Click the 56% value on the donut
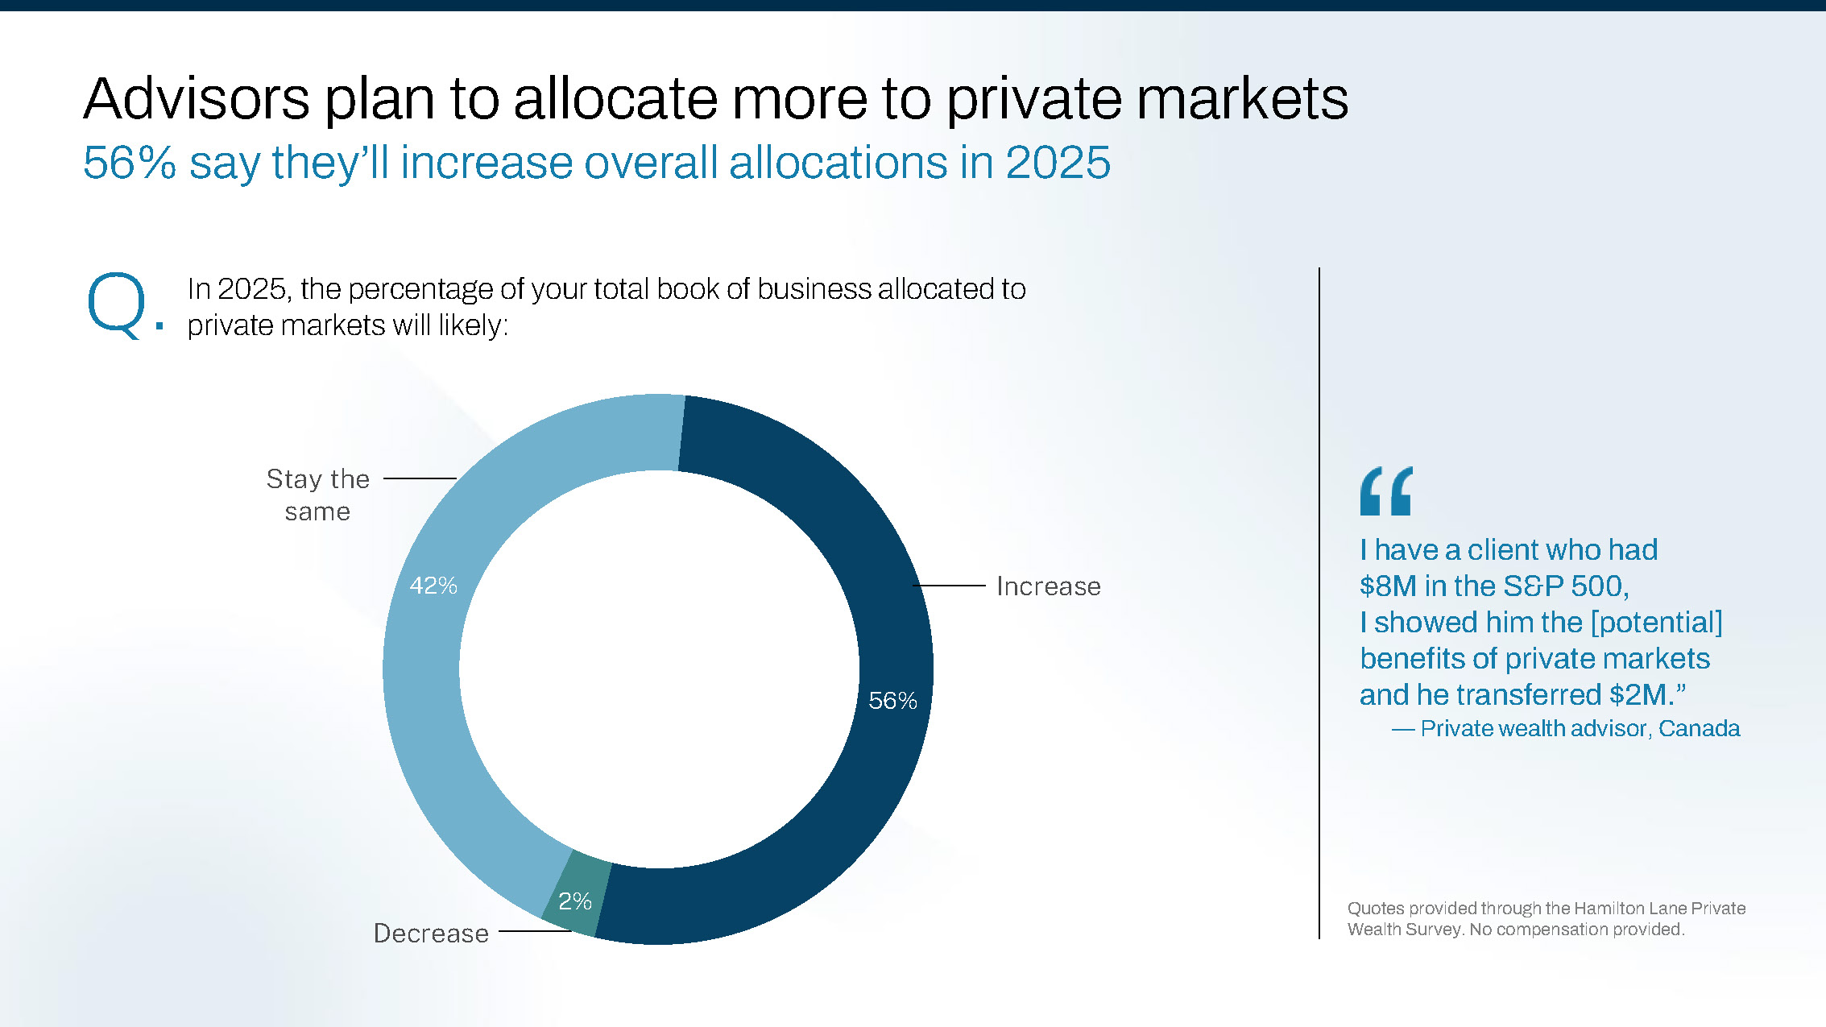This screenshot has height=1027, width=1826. (x=892, y=701)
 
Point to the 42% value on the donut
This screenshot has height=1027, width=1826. (x=433, y=586)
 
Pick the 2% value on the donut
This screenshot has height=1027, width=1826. (x=575, y=901)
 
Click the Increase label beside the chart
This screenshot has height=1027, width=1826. (x=1048, y=586)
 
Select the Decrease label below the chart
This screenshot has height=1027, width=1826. (x=431, y=934)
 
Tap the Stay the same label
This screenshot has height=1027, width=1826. (x=317, y=495)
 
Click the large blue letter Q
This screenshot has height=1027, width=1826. (x=117, y=305)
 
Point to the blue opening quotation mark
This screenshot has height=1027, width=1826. (x=1385, y=491)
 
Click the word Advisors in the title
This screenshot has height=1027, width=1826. (x=197, y=99)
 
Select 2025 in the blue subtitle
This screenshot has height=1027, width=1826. (x=1058, y=163)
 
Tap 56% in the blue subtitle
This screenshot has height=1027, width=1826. (x=129, y=163)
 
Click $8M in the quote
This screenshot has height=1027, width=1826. (x=1387, y=586)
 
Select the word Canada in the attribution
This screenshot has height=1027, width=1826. (x=1699, y=729)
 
